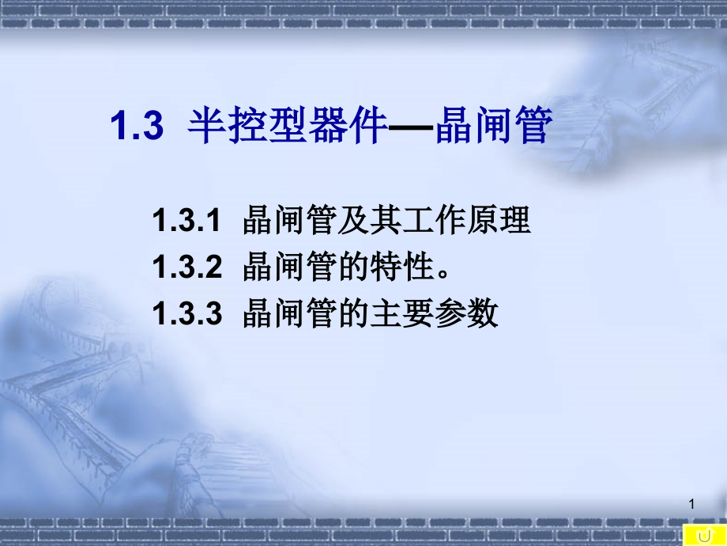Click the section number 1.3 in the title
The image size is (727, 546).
(135, 127)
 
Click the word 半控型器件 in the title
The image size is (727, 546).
(286, 127)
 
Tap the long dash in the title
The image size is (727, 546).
(409, 127)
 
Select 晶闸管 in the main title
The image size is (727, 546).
(492, 127)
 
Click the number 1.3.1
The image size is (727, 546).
(186, 222)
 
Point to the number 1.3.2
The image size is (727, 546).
(186, 268)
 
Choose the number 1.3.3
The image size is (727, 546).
(186, 314)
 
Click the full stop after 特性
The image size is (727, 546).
(443, 273)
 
